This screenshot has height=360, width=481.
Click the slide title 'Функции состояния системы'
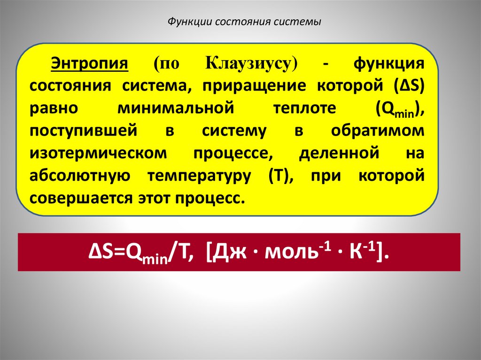245,22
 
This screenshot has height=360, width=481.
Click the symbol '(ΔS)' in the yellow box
410,86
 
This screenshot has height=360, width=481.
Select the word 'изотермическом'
97,153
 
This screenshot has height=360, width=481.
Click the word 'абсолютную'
79,176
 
